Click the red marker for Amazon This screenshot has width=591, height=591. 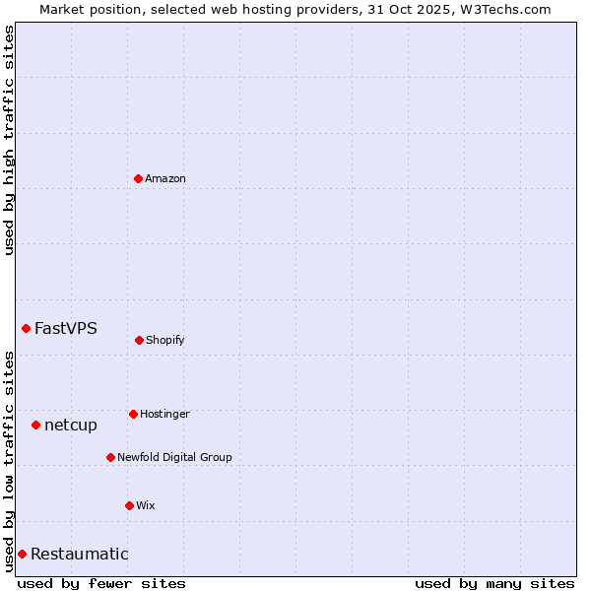138,178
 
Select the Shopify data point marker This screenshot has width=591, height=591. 139,340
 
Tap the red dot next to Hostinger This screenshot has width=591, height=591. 133,414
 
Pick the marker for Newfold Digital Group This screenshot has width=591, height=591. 110,457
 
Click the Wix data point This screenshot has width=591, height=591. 129,505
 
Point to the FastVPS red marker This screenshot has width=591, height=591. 26,328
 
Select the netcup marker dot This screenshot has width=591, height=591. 35,425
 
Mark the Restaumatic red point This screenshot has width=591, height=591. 22,554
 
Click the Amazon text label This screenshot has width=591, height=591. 165,179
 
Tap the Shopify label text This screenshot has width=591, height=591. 165,341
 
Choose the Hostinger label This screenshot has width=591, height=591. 164,415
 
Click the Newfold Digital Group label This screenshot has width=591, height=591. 174,458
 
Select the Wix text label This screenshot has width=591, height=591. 146,506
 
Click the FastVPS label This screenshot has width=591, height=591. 66,329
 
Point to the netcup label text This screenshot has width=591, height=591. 71,426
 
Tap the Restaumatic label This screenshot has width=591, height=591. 80,555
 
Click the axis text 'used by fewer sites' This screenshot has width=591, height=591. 101,583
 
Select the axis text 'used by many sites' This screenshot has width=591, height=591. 494,583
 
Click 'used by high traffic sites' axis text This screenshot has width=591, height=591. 9,140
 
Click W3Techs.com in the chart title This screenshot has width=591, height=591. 502,9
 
